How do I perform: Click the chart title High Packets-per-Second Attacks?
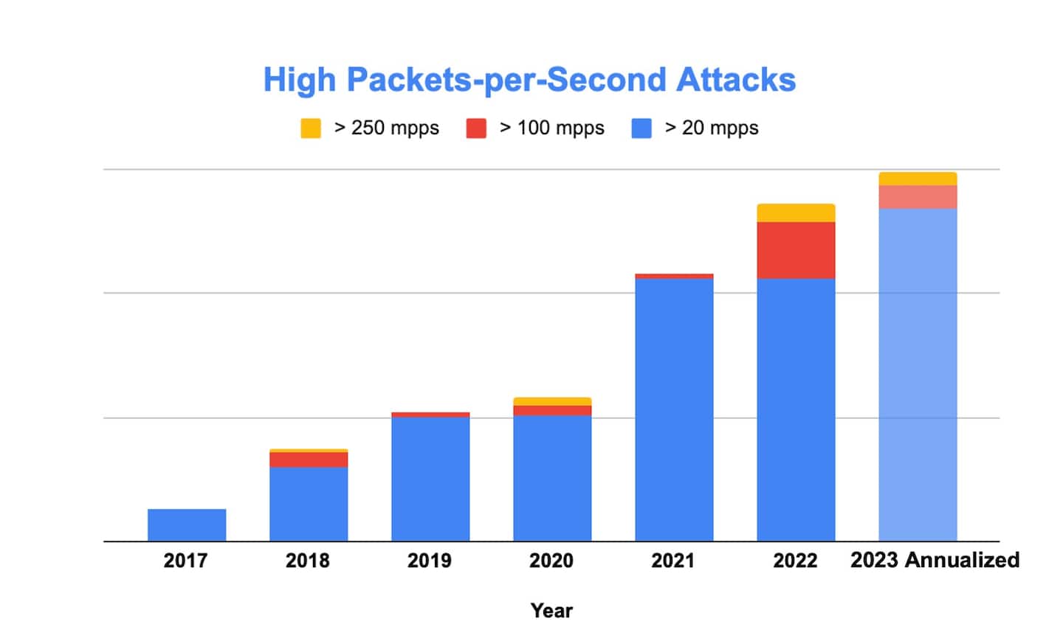[x=529, y=80]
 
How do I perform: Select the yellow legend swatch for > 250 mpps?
[x=311, y=128]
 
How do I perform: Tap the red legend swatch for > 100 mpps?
[x=476, y=128]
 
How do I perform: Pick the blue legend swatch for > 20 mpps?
[x=641, y=128]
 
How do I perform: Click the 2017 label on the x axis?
[x=185, y=561]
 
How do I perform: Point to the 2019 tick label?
[x=429, y=561]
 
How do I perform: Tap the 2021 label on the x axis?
[x=672, y=561]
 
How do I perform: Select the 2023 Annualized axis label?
[x=935, y=560]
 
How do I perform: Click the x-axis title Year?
[x=551, y=611]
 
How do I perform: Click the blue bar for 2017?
[x=187, y=525]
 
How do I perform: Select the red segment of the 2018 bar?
[x=309, y=460]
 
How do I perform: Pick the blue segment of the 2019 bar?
[x=430, y=479]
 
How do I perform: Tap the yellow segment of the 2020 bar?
[x=552, y=401]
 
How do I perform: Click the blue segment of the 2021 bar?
[x=674, y=409]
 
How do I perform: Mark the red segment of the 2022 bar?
[x=796, y=250]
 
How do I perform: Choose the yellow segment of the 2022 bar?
[x=796, y=212]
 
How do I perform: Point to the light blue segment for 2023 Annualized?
[x=918, y=375]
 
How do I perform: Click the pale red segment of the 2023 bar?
[x=918, y=197]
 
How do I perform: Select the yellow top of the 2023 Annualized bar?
[x=918, y=179]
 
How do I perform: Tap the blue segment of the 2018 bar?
[x=309, y=504]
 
